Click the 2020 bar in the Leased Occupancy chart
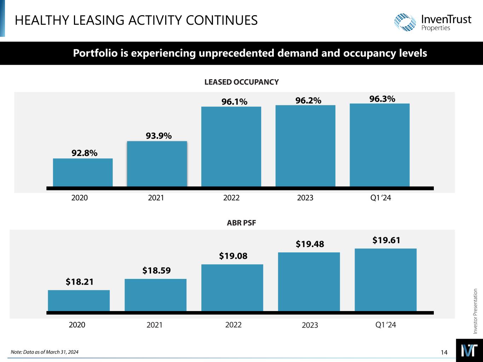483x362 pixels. click(x=83, y=172)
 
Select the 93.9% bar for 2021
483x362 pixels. click(x=157, y=164)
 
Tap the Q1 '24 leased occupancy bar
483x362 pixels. click(x=379, y=145)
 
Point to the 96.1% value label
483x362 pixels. click(x=234, y=102)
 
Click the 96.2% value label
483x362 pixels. click(x=308, y=101)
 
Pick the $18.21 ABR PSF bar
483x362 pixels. click(x=79, y=300)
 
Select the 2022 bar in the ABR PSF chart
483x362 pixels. click(x=232, y=288)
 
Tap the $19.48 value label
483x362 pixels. click(x=310, y=244)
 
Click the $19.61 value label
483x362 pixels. click(x=386, y=240)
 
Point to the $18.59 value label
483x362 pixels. click(x=156, y=271)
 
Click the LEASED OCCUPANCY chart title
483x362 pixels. click(x=242, y=82)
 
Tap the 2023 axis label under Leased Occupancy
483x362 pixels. click(x=305, y=198)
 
